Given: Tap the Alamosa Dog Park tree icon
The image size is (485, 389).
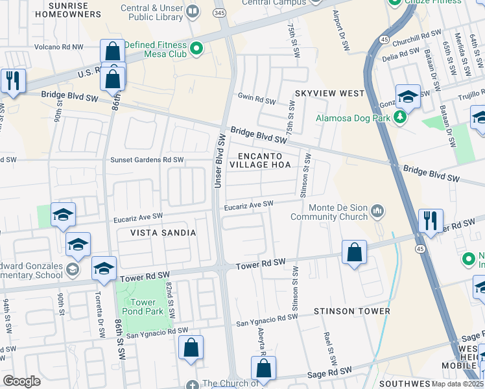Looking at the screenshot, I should coord(400,117).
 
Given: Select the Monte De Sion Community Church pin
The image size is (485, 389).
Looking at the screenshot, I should coord(378,212).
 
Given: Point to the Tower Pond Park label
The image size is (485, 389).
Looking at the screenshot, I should coord(143,307).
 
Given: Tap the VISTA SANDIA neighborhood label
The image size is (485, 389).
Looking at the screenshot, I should coord(163,232).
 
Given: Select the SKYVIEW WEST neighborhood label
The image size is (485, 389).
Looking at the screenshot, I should coord(329,93).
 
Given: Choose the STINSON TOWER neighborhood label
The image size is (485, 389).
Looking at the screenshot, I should coord(351,311).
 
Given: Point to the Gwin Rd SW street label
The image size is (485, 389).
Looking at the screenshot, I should coord(257,100).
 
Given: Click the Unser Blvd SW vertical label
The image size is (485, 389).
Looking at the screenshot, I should coord(219,161).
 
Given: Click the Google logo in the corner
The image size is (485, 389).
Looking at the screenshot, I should coord(21,381).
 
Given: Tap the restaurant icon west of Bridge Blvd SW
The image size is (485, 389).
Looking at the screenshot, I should coord(13,81).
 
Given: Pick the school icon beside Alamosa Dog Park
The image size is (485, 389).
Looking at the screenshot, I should coord(408,97).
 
